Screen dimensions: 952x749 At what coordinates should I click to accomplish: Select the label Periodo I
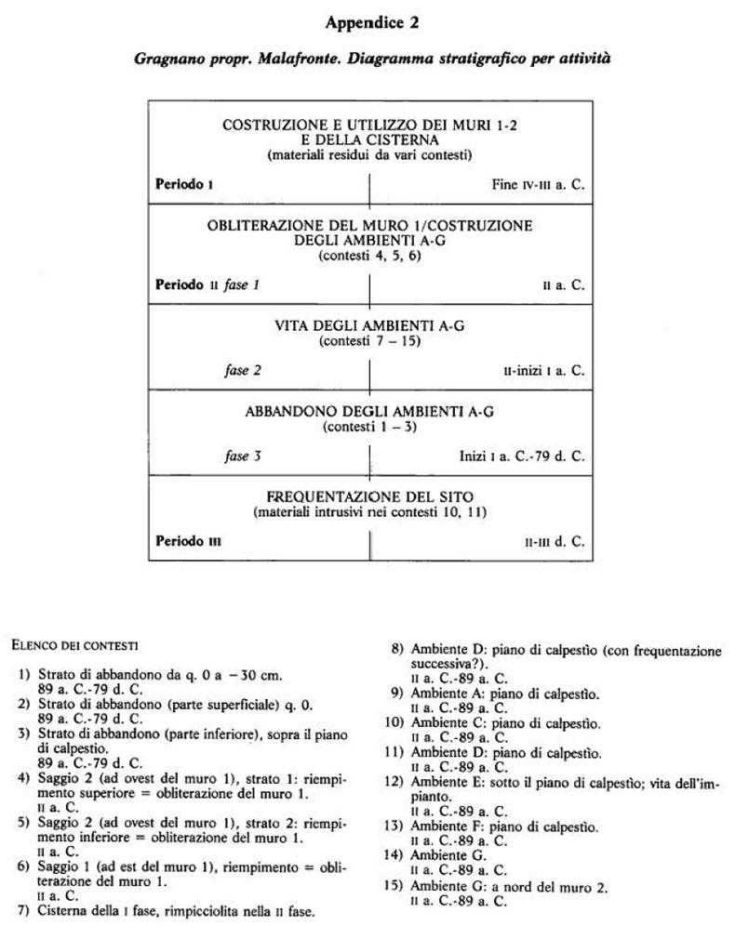(x=183, y=184)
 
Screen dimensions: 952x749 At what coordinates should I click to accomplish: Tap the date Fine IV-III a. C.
(x=538, y=185)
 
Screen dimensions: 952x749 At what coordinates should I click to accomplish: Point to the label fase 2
(x=242, y=370)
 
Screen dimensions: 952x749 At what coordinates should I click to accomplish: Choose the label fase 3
(x=242, y=456)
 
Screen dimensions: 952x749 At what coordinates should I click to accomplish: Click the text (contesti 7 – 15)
(x=369, y=341)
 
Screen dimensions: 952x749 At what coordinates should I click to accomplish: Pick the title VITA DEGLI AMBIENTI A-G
(x=369, y=325)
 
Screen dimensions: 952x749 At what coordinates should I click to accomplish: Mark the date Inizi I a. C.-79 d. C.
(x=521, y=456)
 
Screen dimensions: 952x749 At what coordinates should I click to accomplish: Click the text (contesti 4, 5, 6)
(x=369, y=255)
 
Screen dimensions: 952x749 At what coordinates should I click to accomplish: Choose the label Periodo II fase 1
(x=207, y=284)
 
